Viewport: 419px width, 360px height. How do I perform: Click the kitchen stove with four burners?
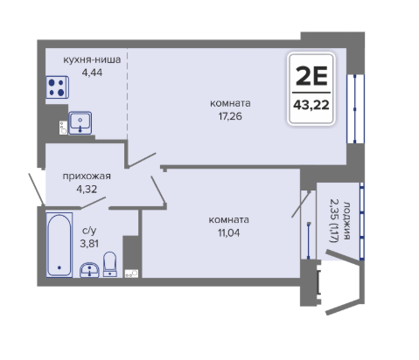57,87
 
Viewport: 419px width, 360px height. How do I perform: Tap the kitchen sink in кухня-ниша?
80,123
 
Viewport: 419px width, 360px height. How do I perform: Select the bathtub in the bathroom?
59,245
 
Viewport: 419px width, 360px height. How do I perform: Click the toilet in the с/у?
110,264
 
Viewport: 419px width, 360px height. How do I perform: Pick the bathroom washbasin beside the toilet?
89,270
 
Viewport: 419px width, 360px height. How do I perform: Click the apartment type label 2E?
311,76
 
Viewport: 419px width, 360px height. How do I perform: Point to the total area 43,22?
311,105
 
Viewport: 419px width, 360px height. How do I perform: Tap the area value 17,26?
230,116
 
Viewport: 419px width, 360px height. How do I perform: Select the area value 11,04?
228,232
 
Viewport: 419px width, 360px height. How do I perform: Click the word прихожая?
87,177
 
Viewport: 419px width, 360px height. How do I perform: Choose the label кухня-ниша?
92,59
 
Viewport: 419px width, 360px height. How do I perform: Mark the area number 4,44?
92,73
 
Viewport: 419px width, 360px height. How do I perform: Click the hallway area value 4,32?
87,190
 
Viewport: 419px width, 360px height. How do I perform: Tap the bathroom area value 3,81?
89,244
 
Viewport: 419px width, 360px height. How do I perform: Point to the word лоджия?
346,220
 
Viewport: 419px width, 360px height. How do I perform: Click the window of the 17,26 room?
355,109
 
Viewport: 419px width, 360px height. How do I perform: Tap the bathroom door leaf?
93,203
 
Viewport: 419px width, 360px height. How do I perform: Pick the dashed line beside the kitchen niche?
127,93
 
